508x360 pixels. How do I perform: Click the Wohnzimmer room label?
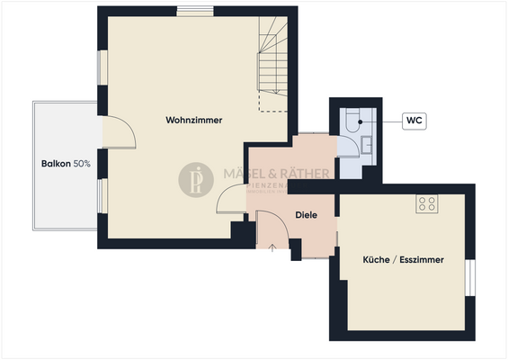193,120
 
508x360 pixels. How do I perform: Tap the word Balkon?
56,164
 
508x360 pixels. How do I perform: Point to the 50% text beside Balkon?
82,164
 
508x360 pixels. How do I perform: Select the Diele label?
307,214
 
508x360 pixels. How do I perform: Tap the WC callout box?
415,120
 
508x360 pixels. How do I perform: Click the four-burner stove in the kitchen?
426,204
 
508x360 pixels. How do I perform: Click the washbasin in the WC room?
366,145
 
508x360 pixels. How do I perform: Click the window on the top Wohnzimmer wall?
194,11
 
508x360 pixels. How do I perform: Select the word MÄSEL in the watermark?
243,173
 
